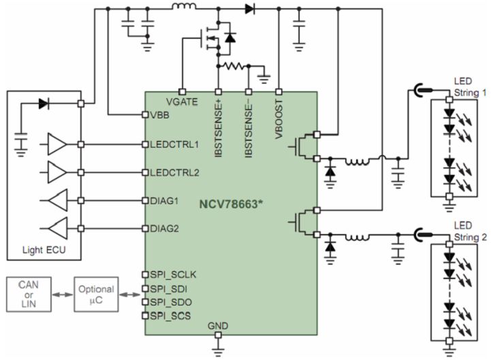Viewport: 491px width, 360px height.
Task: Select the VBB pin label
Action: pos(160,115)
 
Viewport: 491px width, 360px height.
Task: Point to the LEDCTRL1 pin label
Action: pos(174,144)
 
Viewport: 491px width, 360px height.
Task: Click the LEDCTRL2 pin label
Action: pos(174,172)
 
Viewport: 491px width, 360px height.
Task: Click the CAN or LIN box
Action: pos(29,293)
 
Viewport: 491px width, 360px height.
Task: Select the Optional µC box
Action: pos(95,293)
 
